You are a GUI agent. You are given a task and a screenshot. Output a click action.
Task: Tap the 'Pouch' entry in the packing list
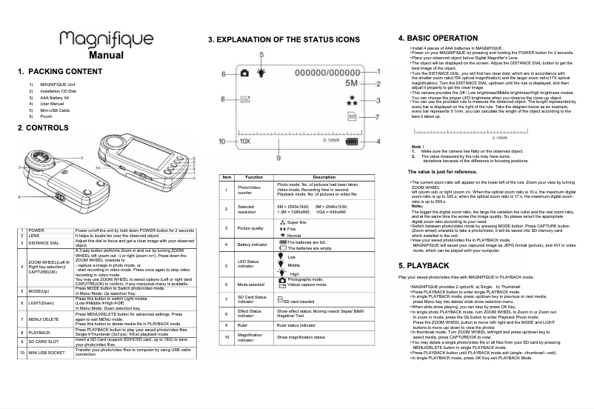[x=46, y=116]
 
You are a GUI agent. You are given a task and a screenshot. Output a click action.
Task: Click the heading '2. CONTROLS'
[x=43, y=128]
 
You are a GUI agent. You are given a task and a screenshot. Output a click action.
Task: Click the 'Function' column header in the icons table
[x=254, y=177]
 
